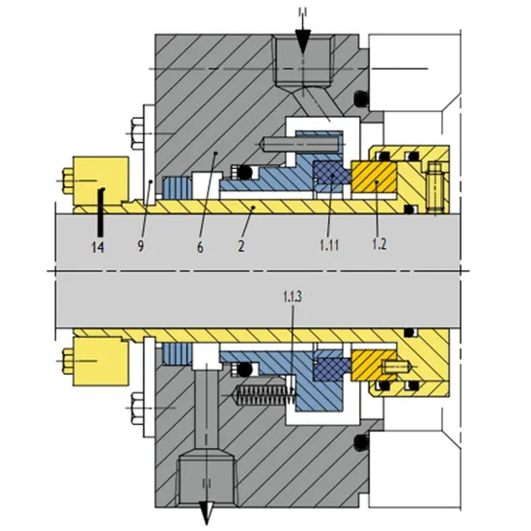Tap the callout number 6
coord(200,246)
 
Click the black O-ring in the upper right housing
coord(360,98)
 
